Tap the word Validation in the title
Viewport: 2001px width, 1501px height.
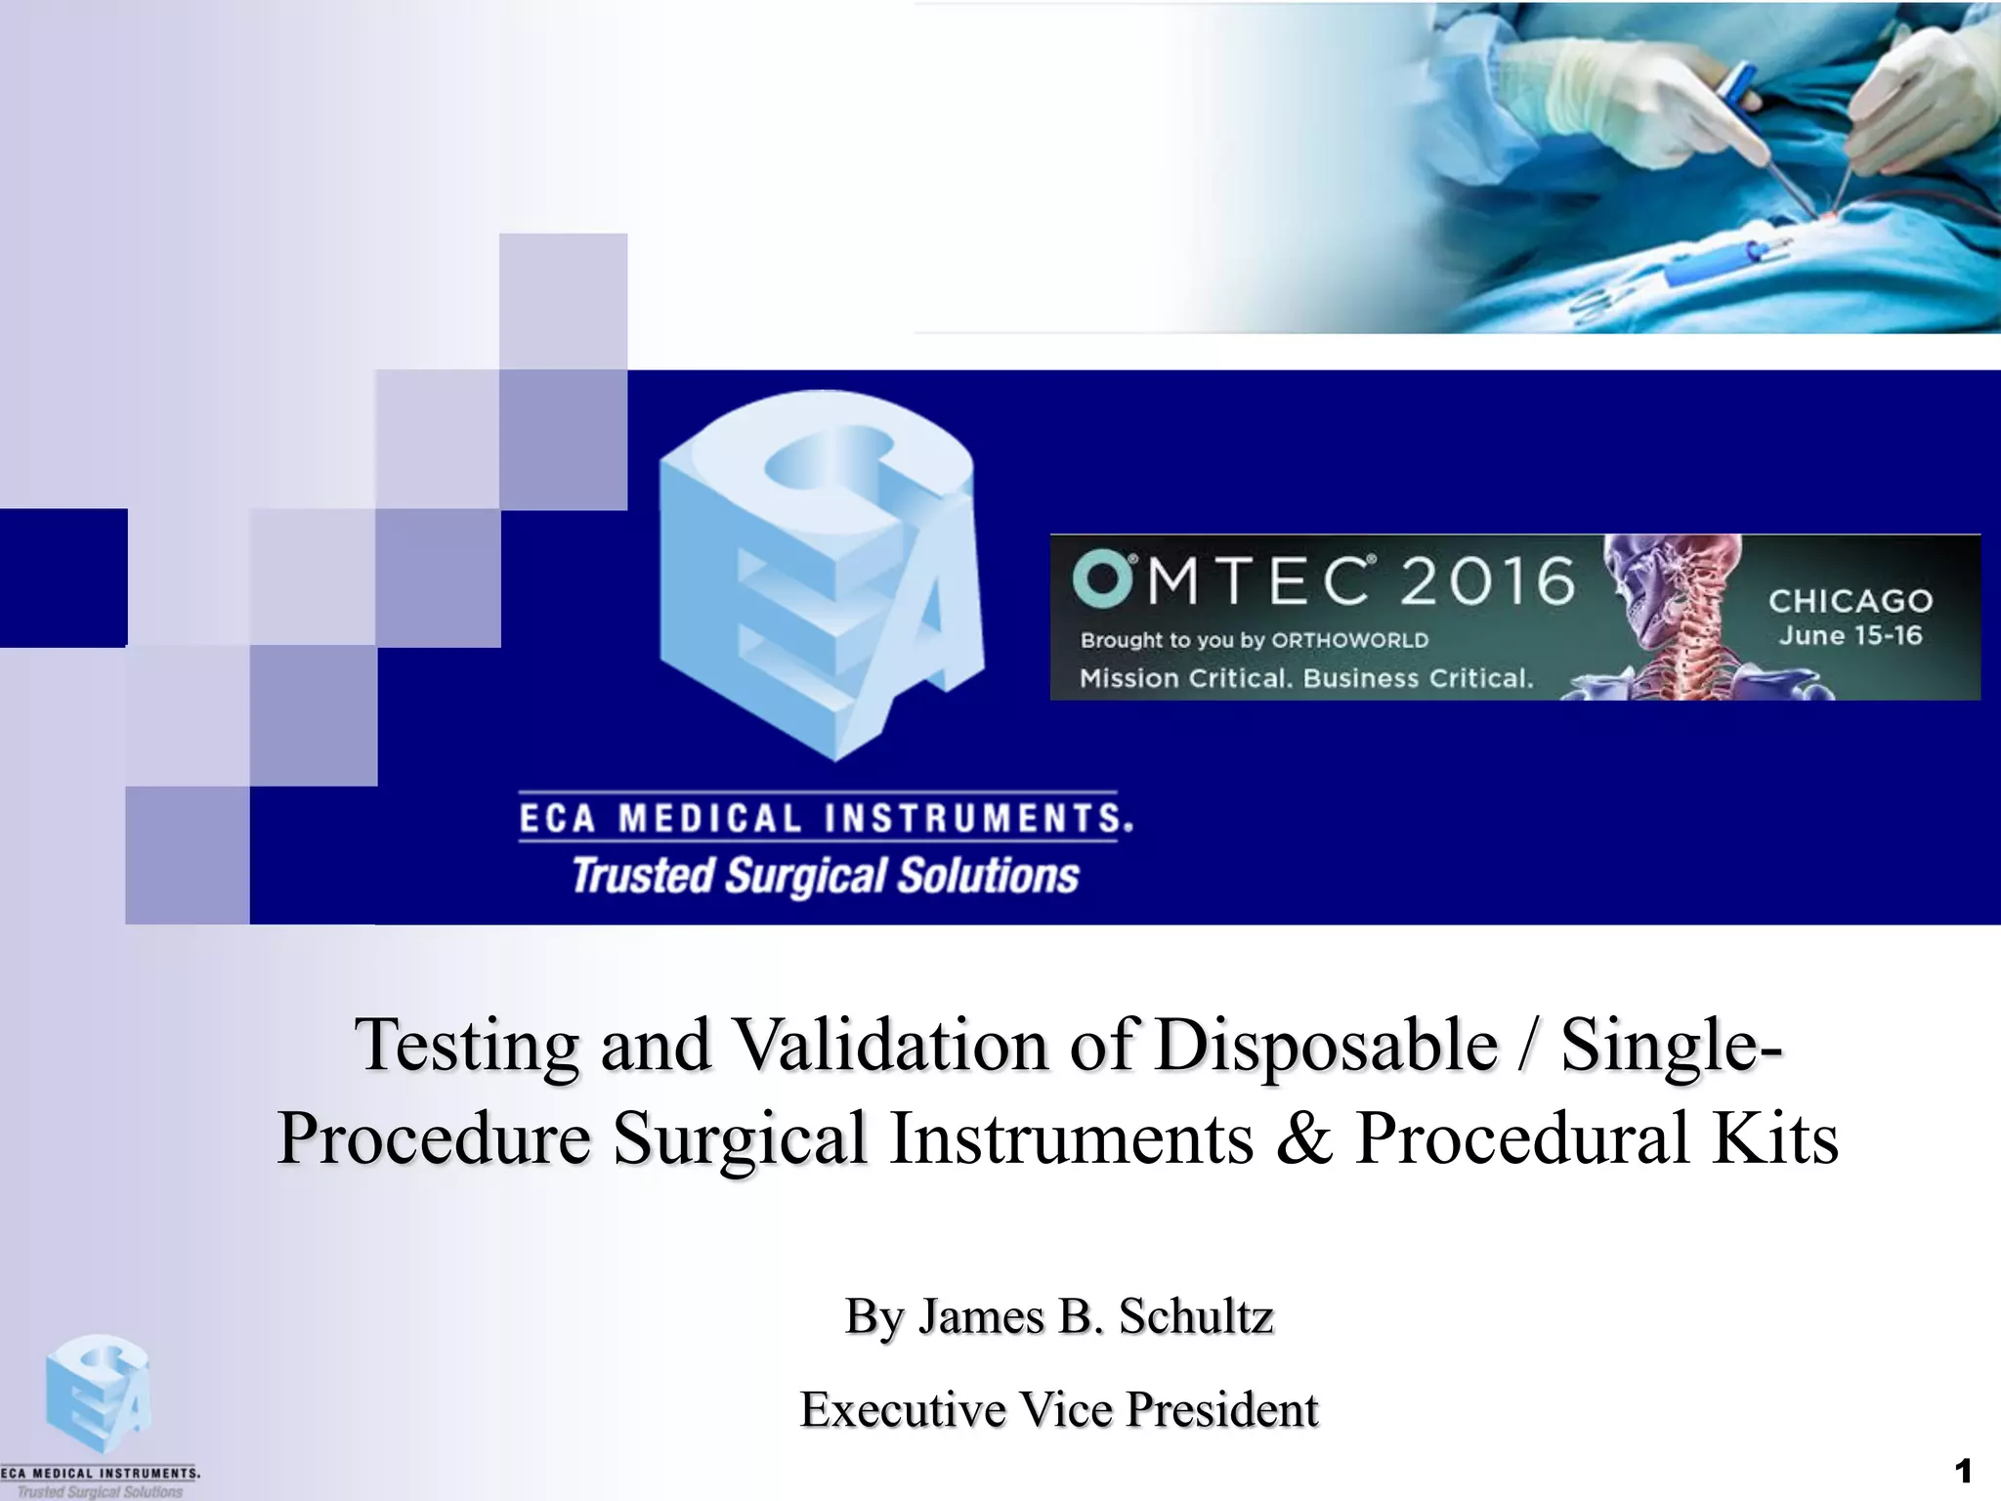coord(890,1046)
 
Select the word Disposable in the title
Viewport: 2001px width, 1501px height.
coord(1326,1046)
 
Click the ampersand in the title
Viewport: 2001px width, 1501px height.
coord(1304,1139)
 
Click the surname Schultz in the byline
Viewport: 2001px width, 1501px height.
coord(1196,1316)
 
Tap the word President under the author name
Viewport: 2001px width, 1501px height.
coord(1221,1410)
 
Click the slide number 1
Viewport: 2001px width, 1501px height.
coord(1963,1471)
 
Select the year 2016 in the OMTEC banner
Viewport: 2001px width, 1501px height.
coord(1487,580)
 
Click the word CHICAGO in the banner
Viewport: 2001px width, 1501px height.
coord(1851,600)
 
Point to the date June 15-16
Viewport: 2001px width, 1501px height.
coord(1851,636)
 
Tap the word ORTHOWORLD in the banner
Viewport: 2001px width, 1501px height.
coord(1349,641)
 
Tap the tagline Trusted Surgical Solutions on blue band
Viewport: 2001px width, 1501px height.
coord(826,876)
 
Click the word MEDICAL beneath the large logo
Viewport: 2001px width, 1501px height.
coord(709,819)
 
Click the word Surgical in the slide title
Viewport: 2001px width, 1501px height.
coord(740,1139)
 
